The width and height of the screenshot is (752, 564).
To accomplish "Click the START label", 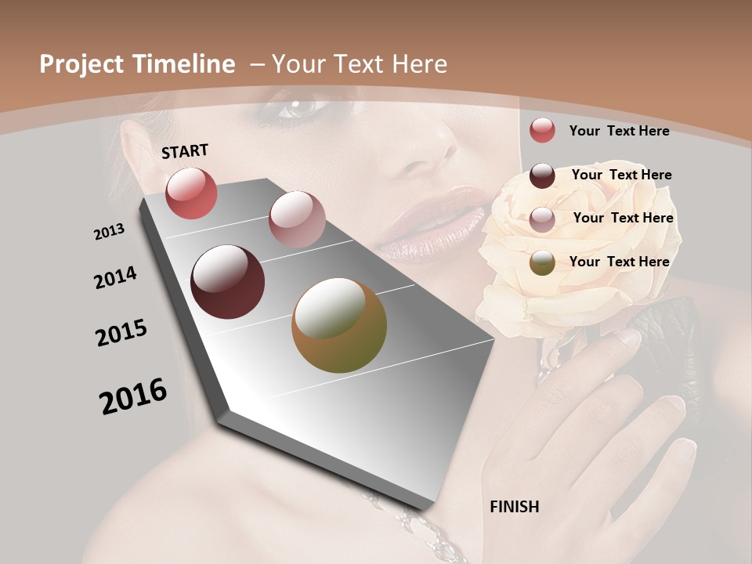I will (185, 151).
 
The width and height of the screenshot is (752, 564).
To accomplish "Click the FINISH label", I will (515, 507).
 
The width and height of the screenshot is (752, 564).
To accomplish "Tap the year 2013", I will (109, 232).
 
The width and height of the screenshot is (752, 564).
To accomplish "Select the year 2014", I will (115, 278).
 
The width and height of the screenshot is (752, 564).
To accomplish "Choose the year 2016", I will (133, 396).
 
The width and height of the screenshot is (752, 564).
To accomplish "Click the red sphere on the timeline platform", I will (191, 193).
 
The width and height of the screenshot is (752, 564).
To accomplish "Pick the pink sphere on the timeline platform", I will (296, 219).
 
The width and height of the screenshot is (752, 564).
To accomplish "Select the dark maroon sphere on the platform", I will (227, 282).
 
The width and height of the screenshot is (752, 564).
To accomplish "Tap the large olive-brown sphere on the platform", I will (339, 325).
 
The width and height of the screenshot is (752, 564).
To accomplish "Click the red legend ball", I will (542, 130).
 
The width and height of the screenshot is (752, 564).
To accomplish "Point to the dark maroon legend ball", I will (542, 175).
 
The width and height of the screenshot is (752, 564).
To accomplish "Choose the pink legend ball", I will (542, 219).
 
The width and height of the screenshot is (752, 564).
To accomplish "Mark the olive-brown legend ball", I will (542, 262).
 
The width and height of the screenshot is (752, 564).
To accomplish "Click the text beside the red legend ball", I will (619, 131).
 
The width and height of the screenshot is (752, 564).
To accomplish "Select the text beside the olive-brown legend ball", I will (619, 262).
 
